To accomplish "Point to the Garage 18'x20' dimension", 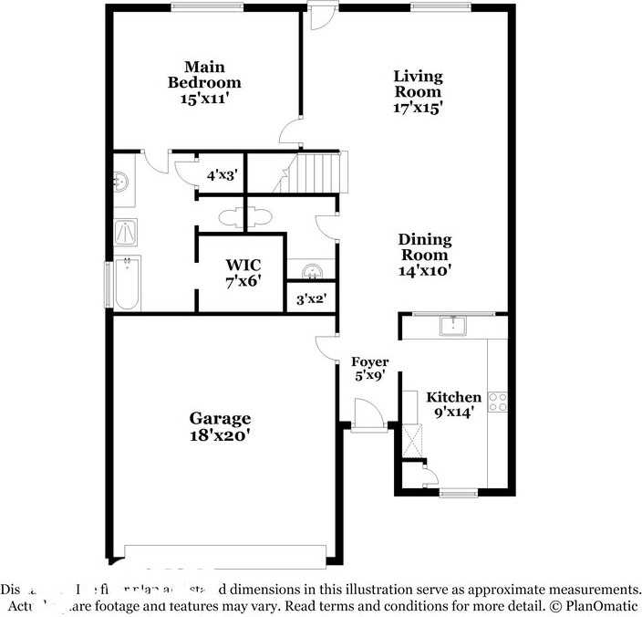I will tap(220, 435).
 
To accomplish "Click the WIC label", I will tap(243, 266).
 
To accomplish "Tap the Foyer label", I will tap(370, 362).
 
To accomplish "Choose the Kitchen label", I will tap(454, 397).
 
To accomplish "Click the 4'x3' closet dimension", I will tap(222, 174).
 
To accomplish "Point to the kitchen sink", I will tap(453, 326).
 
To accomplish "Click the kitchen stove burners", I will tap(498, 402).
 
